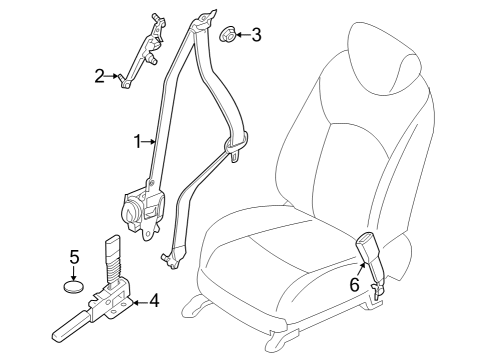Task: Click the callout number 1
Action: click(x=137, y=142)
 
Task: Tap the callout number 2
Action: click(x=100, y=75)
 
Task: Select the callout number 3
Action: click(x=257, y=36)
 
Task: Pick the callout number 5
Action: click(x=74, y=257)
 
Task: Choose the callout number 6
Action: click(x=353, y=284)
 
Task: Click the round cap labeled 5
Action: click(x=74, y=288)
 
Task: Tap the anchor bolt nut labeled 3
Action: click(x=227, y=37)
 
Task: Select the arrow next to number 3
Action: click(x=242, y=37)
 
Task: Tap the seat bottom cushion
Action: click(x=280, y=270)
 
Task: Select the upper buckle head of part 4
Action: click(x=110, y=249)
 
